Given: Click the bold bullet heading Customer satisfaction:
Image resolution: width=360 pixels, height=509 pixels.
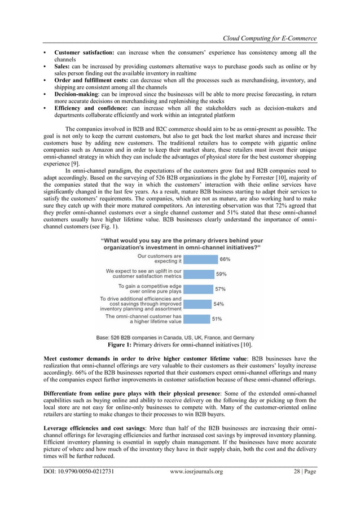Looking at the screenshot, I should [x=84, y=53].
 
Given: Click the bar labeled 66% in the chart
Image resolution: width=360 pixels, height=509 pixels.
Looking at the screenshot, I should [x=201, y=259].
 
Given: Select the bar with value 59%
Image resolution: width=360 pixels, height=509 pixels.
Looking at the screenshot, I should [x=199, y=274].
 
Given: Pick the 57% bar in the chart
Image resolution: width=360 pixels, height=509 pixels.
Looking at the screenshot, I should [x=199, y=289].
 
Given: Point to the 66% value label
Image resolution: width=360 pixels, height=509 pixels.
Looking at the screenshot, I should [x=225, y=259].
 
